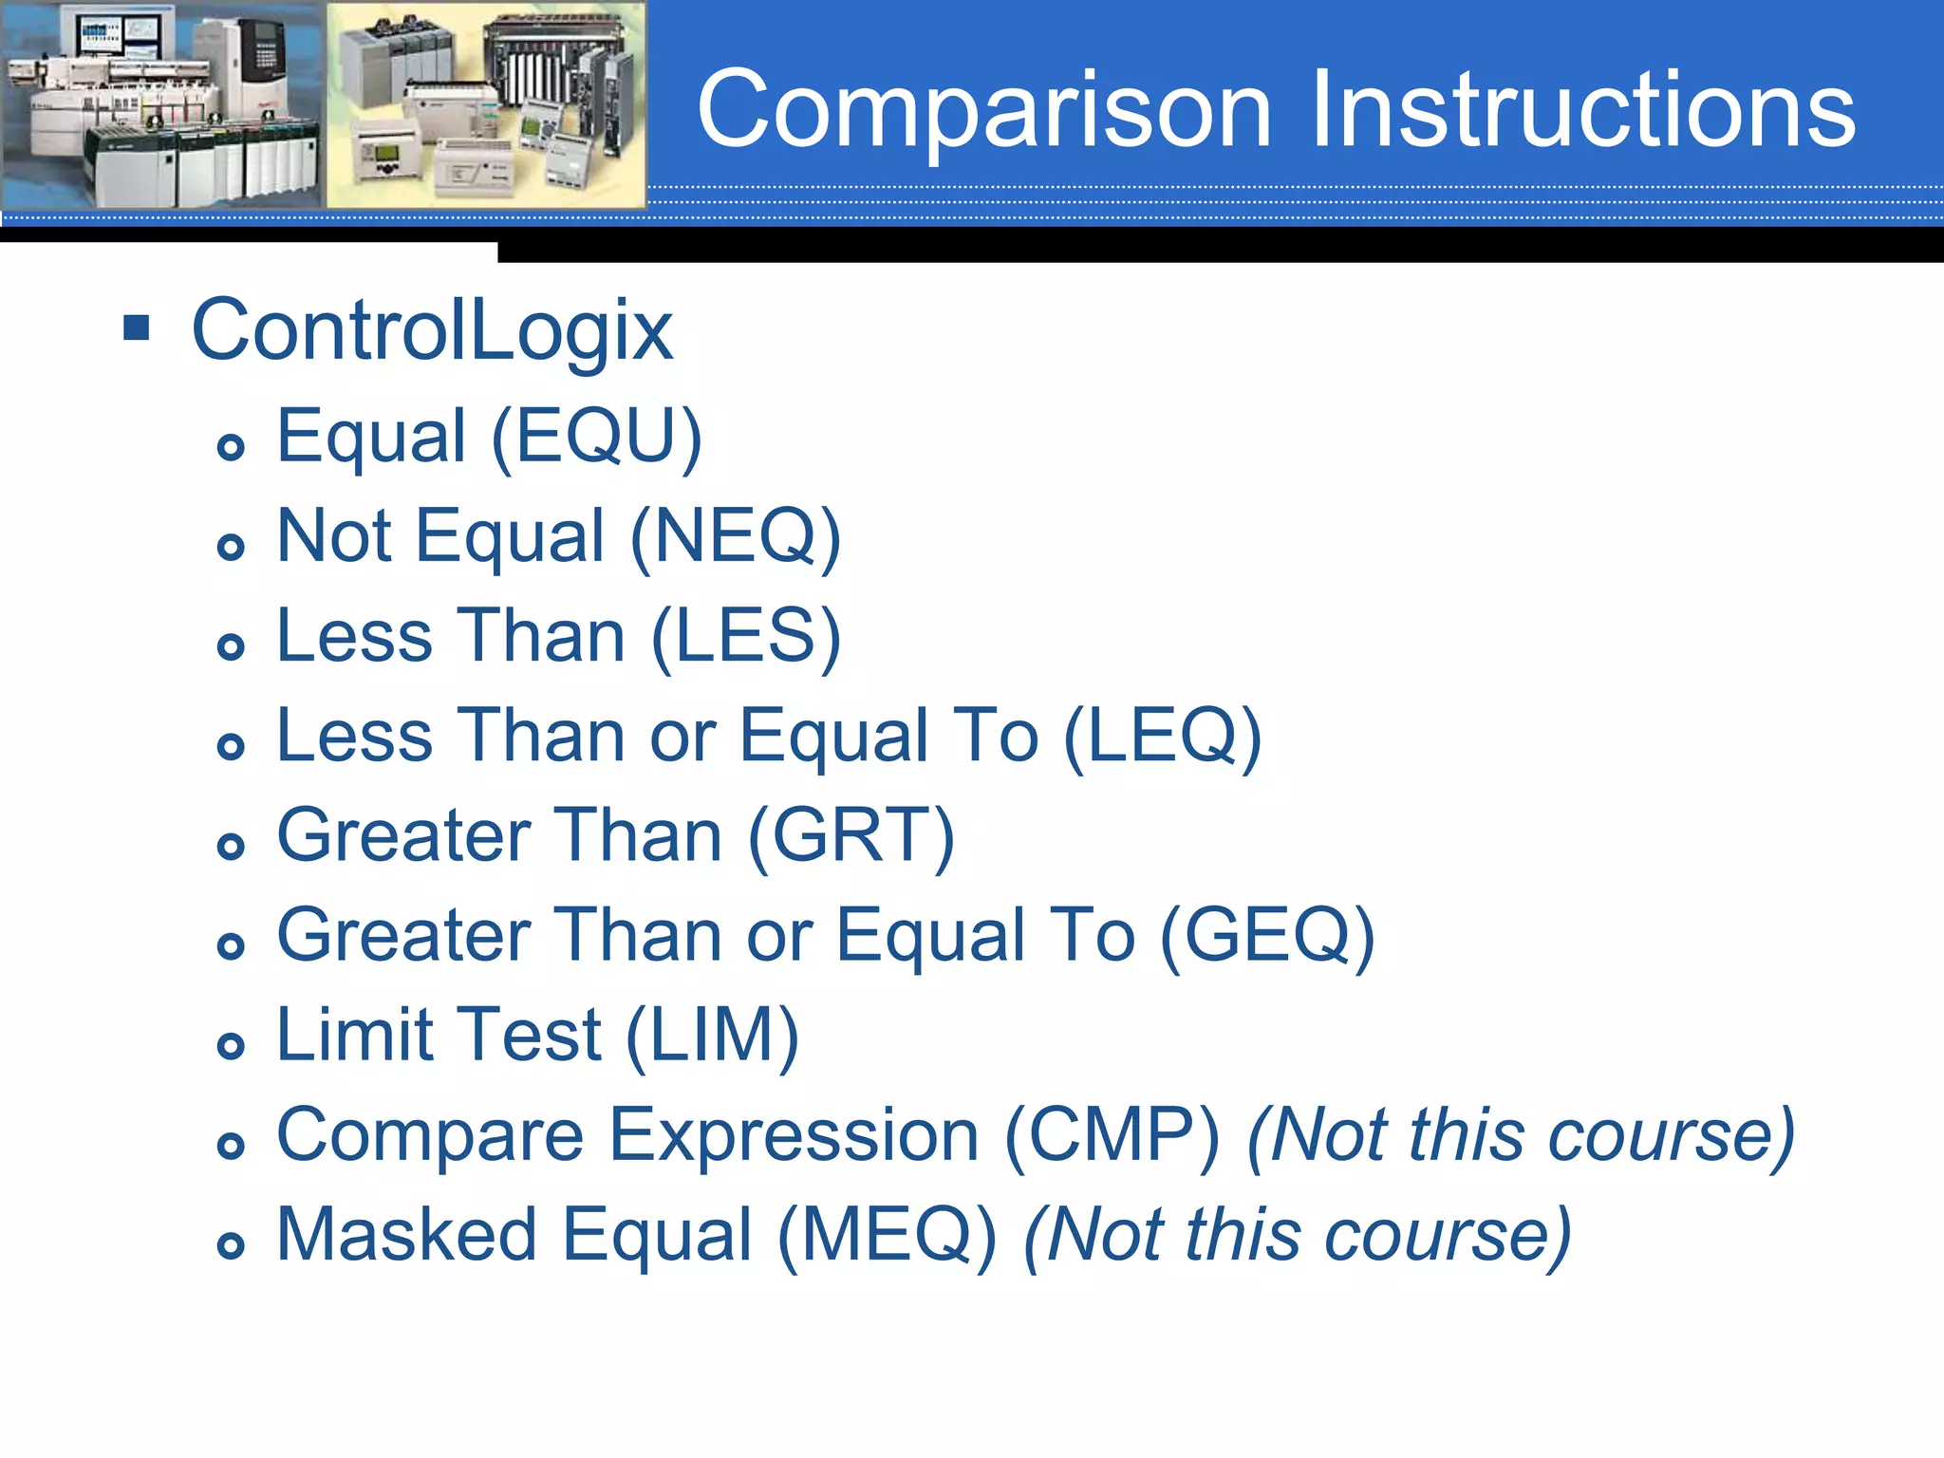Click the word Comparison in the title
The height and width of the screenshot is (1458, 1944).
982,112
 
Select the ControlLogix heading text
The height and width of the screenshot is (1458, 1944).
432,330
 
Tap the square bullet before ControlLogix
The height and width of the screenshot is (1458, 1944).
137,328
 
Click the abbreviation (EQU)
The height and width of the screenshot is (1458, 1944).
597,438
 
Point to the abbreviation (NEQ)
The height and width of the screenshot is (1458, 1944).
736,537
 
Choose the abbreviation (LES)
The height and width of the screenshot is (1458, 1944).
746,637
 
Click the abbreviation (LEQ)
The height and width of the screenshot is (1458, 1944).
1162,737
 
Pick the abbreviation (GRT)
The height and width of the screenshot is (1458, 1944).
850,836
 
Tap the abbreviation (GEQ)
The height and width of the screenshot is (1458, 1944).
1267,937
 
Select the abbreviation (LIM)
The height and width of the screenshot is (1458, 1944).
712,1037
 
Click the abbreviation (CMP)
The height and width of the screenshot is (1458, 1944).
1112,1136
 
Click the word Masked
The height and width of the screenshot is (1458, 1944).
409,1236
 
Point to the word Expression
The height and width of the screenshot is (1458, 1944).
794,1136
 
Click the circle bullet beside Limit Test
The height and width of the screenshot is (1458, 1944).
231,1046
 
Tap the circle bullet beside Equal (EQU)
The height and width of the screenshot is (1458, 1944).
231,446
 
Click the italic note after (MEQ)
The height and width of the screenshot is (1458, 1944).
1297,1236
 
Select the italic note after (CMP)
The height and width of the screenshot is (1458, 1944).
1521,1136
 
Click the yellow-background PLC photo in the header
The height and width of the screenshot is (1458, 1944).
486,104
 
